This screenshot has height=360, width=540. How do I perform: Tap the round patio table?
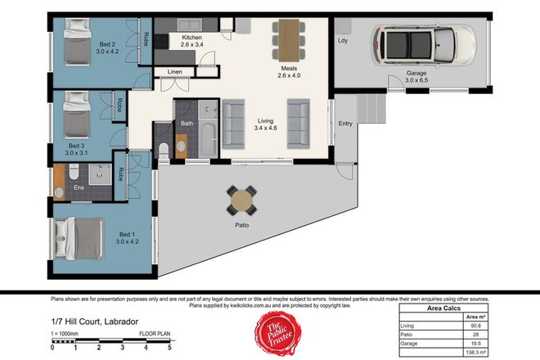tap(242, 198)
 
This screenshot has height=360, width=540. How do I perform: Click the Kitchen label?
tap(191, 38)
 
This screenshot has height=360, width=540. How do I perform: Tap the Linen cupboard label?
tap(175, 72)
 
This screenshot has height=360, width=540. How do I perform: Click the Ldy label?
tap(343, 38)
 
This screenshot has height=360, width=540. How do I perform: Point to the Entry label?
tap(345, 124)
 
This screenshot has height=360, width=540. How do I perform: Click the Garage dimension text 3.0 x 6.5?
tap(416, 80)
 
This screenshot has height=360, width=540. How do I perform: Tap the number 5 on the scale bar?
tap(169, 348)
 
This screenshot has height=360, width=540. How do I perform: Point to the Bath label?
tap(187, 123)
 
